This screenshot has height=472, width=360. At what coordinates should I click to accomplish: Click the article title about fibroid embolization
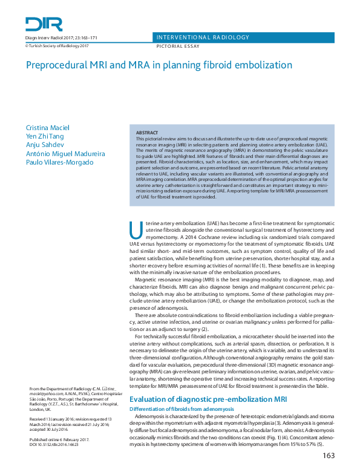click(159, 64)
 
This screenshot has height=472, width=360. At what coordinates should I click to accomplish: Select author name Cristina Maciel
click(49, 128)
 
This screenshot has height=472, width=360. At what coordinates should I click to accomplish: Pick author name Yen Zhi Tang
click(45, 137)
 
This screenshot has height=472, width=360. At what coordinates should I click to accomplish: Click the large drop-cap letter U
click(136, 230)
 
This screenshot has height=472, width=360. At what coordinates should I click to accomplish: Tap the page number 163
click(328, 456)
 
